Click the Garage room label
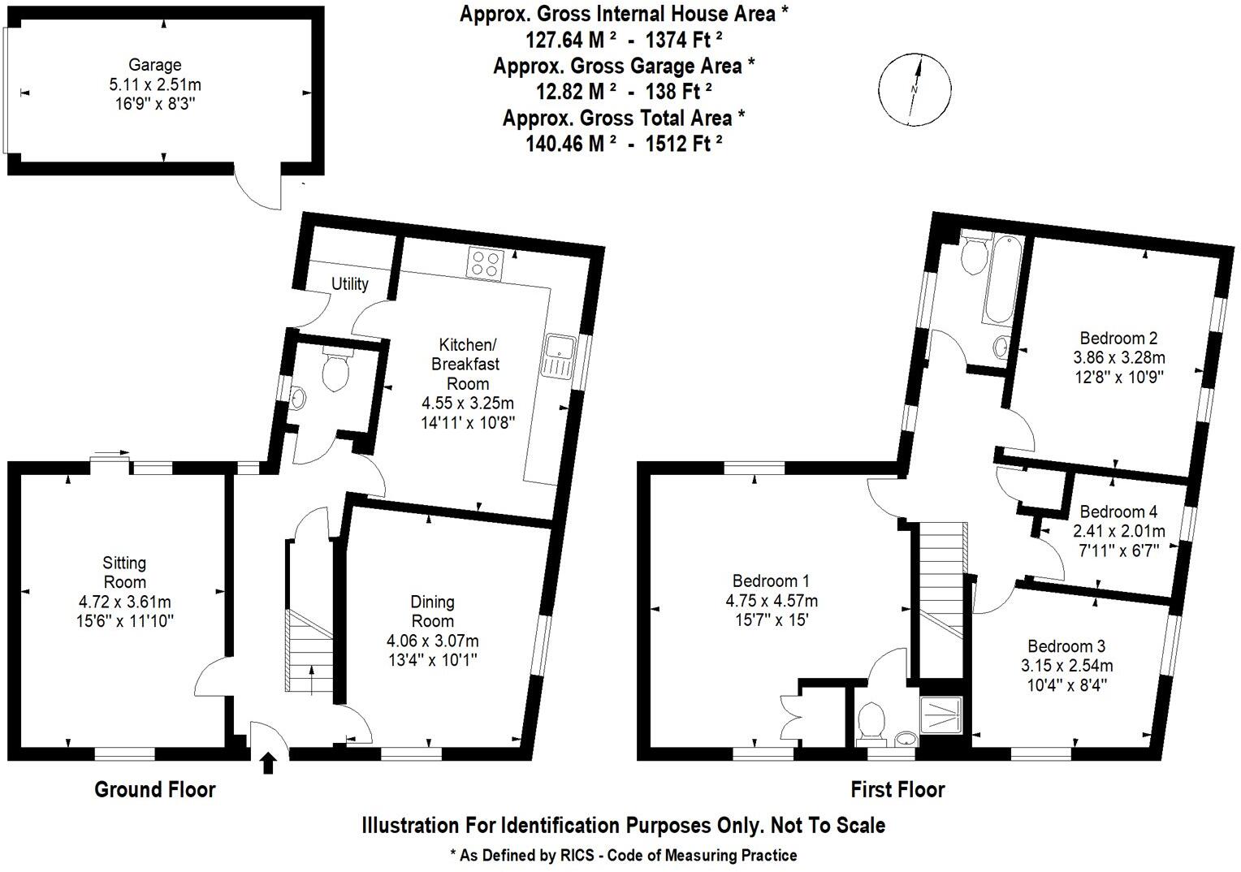(154, 65)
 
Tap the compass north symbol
(915, 89)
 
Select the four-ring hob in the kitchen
(486, 263)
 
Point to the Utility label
(349, 283)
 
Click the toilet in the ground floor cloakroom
(336, 369)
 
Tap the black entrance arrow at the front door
(268, 762)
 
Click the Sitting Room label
(124, 572)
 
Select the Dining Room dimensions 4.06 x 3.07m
(432, 641)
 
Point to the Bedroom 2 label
(1118, 338)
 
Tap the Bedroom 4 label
(1118, 512)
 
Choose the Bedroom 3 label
(1066, 646)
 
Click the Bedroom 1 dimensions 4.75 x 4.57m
(772, 601)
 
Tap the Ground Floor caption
(155, 789)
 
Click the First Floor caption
(897, 789)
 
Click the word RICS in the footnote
(577, 856)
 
